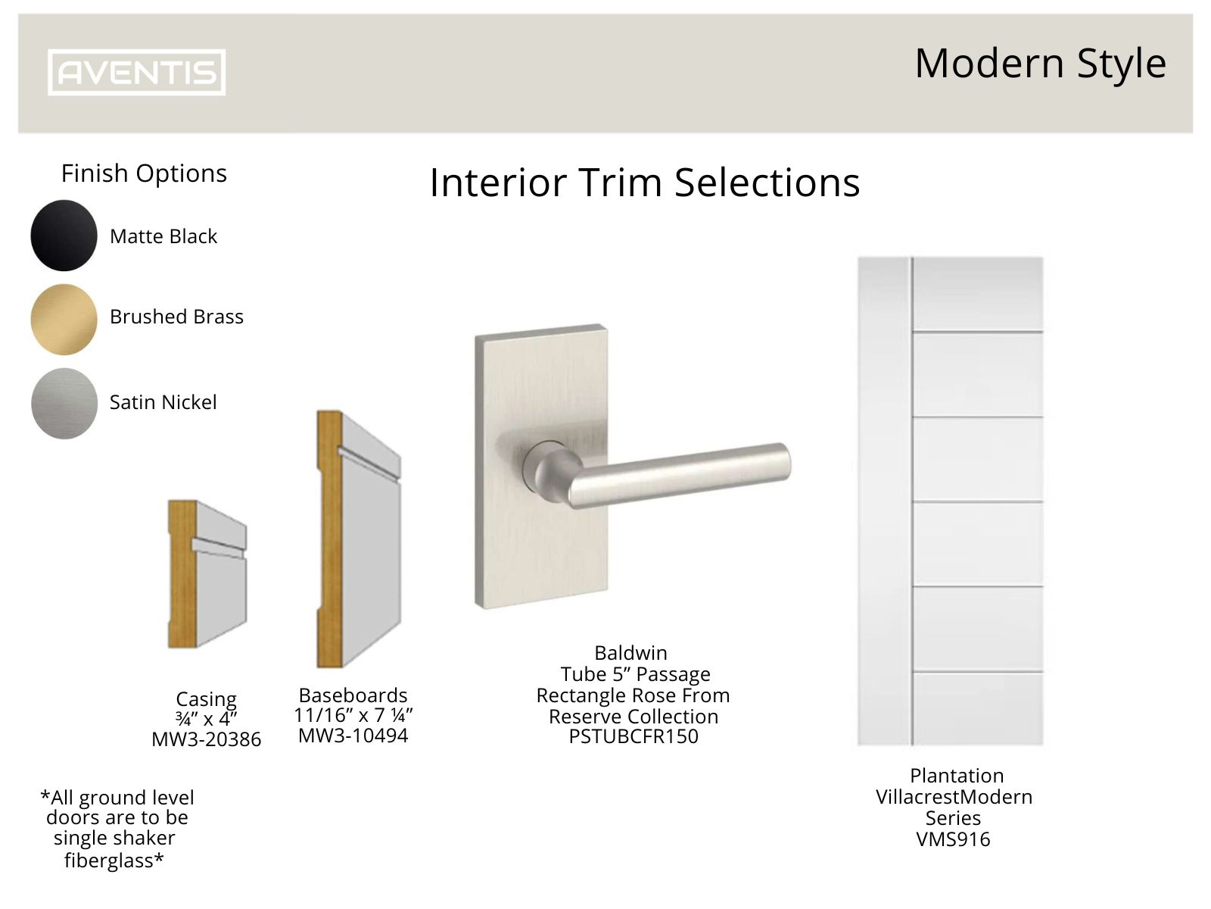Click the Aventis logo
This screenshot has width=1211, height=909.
click(136, 73)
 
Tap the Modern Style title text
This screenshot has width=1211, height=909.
click(1040, 64)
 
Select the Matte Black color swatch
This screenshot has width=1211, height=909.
click(64, 236)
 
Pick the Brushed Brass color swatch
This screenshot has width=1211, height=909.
click(64, 319)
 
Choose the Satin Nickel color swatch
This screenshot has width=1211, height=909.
click(64, 403)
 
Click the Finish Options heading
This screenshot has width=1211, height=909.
click(144, 173)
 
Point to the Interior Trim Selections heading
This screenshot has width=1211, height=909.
click(644, 183)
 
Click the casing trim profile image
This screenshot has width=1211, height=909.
click(207, 574)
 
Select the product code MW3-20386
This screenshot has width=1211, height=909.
click(206, 739)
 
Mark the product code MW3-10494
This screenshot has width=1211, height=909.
click(353, 736)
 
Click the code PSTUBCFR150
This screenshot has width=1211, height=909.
click(633, 736)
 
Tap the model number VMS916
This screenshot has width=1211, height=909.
click(953, 839)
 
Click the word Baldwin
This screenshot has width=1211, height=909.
click(630, 653)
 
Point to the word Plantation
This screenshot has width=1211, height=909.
click(956, 776)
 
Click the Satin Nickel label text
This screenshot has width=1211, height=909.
click(163, 402)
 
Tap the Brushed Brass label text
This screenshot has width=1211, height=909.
click(176, 317)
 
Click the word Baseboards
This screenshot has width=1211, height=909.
click(353, 695)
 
